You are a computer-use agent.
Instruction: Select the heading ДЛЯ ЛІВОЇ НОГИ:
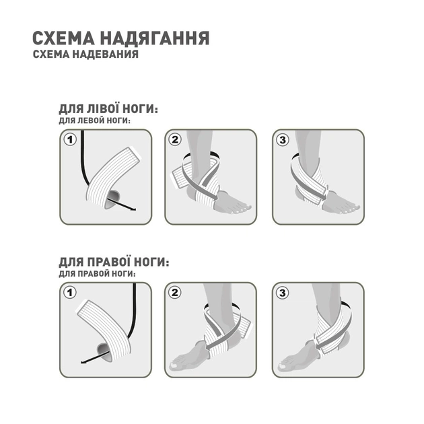108,110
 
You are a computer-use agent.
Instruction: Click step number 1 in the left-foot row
68,139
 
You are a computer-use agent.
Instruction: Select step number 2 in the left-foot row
176,139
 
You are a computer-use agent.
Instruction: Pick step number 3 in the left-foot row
282,139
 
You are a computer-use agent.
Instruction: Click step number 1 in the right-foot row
68,292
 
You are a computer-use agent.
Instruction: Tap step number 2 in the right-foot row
176,292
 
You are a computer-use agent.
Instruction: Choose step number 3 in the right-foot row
282,292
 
